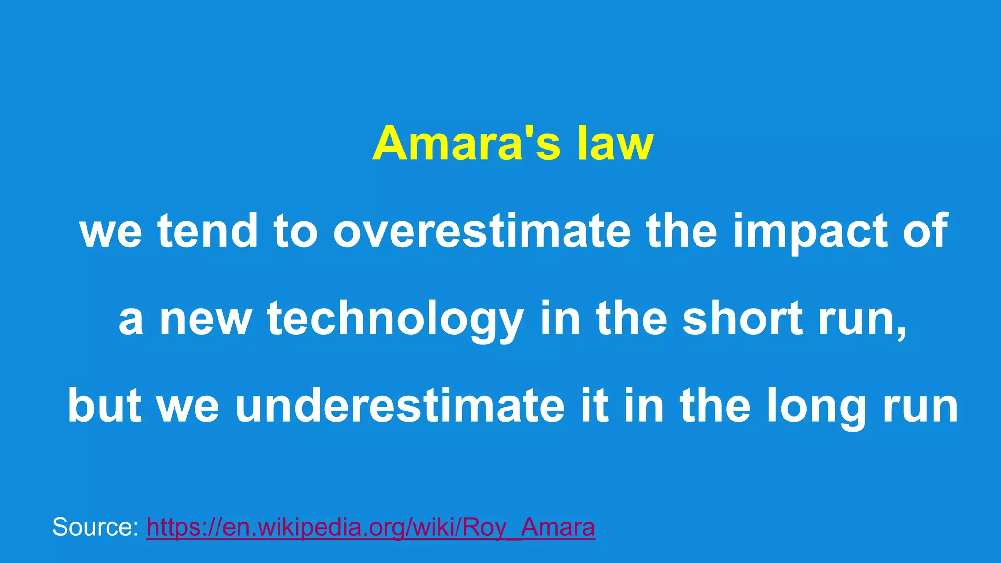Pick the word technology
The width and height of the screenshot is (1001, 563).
(x=395, y=320)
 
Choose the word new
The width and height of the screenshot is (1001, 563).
(x=205, y=321)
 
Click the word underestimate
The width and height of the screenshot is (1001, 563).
(x=399, y=406)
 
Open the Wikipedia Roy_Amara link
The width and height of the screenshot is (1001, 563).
(x=370, y=528)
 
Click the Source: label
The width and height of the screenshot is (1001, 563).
(x=95, y=527)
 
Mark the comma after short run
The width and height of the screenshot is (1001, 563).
(x=901, y=332)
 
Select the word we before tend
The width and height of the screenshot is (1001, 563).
(x=111, y=233)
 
